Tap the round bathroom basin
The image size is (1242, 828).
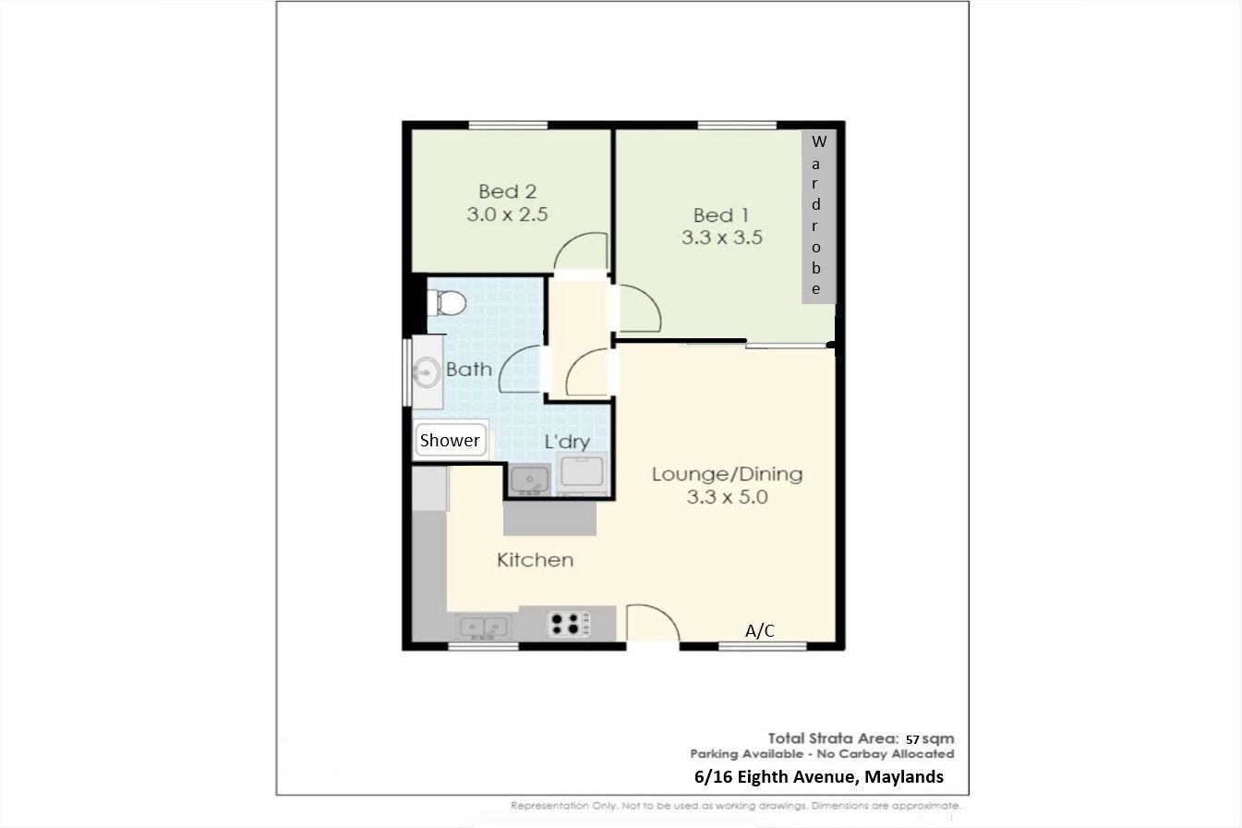[427, 371]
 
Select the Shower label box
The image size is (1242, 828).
[451, 440]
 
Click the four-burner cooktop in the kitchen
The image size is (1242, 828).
[569, 623]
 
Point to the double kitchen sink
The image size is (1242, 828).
[484, 627]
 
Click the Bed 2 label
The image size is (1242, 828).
[507, 191]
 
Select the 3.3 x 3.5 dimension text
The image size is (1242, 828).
[722, 237]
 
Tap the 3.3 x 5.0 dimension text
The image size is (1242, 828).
[727, 496]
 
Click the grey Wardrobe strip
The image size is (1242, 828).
[818, 216]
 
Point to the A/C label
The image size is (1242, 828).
[759, 631]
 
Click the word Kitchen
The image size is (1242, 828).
[535, 560]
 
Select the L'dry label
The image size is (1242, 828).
[567, 442]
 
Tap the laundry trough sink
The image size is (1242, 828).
[529, 480]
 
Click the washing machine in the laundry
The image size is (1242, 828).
[582, 472]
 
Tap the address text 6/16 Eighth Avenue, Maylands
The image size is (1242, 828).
[819, 777]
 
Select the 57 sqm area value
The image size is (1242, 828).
[930, 739]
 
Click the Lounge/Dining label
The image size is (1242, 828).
[727, 474]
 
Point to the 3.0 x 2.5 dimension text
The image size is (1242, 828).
[507, 214]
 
